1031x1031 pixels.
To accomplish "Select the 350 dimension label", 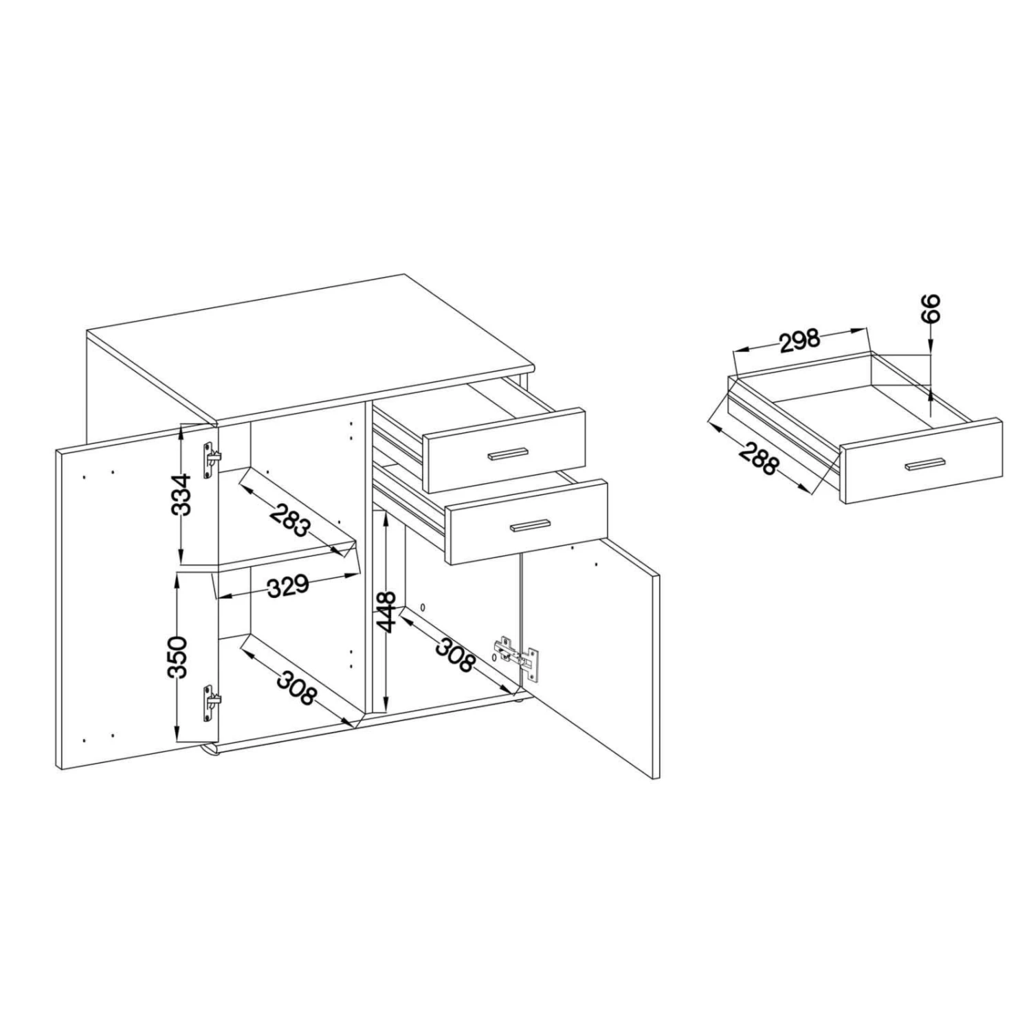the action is point(178,657).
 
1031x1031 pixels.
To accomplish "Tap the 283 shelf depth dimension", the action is point(290,522).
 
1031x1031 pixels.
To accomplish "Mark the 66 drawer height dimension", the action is point(929,309).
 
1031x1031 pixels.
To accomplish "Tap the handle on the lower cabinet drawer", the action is point(530,526).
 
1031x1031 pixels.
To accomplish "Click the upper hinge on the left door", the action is point(212,459).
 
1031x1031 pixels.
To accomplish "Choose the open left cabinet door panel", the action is point(137,600).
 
